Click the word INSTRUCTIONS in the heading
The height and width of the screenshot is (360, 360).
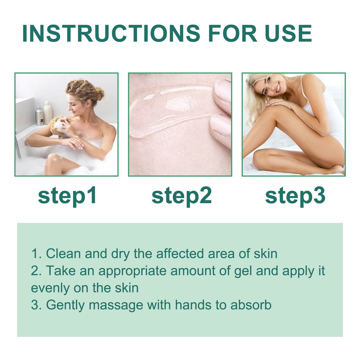111,33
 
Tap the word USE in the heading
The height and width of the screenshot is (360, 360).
288,33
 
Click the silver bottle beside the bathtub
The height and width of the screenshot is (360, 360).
39,116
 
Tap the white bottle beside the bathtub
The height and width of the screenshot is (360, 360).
48,112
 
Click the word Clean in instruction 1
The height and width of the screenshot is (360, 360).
63,254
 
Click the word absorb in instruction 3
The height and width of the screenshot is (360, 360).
251,305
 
